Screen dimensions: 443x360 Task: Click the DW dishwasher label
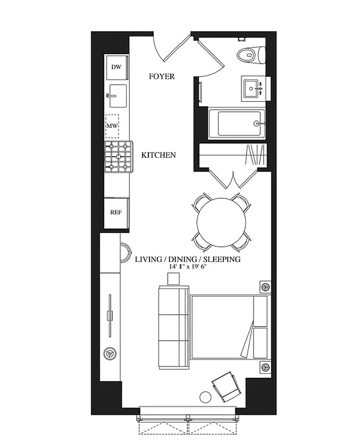tap(116, 67)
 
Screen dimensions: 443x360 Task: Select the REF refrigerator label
tap(116, 212)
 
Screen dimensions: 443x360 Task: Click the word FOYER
tap(162, 77)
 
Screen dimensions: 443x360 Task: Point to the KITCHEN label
tap(158, 155)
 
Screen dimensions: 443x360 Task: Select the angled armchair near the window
tap(226, 386)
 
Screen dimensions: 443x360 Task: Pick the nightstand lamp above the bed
tap(265, 287)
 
